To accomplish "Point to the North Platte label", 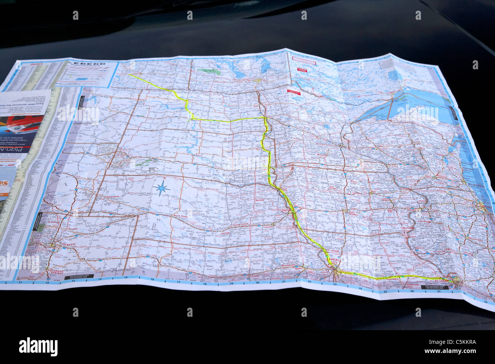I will point(181,216).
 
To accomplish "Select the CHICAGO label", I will point(486,206).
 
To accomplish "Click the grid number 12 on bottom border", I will point(48,283).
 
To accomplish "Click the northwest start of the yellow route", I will point(129,75).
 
